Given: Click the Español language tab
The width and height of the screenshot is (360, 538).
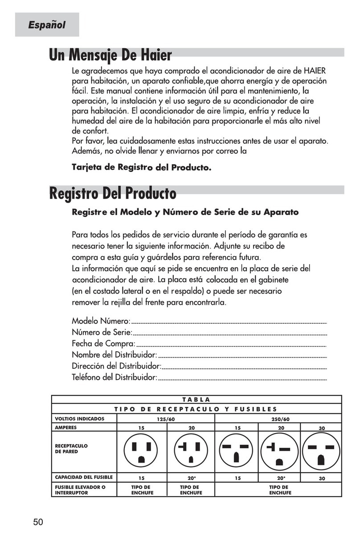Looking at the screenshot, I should (x=47, y=25).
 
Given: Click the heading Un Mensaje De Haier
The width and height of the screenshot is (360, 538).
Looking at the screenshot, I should (x=110, y=56).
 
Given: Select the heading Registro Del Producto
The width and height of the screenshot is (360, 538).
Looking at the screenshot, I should (x=112, y=194).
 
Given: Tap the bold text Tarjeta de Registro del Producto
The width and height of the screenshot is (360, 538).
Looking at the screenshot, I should (x=141, y=168).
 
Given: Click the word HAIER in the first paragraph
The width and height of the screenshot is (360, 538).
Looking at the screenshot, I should (x=315, y=71).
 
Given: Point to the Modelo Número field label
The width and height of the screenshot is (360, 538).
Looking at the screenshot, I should (x=101, y=321).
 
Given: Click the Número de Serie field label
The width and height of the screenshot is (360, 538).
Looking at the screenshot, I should (x=102, y=332).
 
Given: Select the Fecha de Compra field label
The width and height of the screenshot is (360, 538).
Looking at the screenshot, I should (x=103, y=344).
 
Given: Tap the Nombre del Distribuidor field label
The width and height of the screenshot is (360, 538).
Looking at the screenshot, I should (x=115, y=355).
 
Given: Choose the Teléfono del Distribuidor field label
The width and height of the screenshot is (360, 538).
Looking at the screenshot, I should (x=115, y=378).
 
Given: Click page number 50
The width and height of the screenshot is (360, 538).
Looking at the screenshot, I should (x=38, y=522).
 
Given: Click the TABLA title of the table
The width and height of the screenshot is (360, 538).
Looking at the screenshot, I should (x=196, y=399).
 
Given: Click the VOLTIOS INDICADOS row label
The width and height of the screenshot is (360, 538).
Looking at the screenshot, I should (x=79, y=419).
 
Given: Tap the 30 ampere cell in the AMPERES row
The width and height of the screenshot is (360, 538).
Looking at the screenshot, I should (x=322, y=428).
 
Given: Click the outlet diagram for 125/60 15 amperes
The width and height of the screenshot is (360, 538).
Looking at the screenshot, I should (x=141, y=451).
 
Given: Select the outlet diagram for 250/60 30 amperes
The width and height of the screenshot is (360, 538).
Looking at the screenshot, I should (x=322, y=451).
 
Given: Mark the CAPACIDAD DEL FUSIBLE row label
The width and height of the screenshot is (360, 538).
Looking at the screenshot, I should (x=84, y=477).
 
